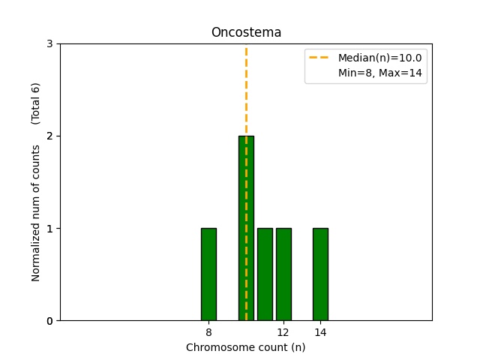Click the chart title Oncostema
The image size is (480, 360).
coord(246,32)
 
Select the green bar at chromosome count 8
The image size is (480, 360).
coord(208,274)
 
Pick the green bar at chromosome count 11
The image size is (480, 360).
coord(265,274)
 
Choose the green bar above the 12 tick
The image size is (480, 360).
coord(283,274)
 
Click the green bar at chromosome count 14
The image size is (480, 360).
coord(320,274)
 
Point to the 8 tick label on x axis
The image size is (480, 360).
coord(208,332)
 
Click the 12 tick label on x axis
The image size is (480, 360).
coord(283,332)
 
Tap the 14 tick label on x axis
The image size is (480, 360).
coord(320,332)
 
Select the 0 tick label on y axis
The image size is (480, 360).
coord(50,321)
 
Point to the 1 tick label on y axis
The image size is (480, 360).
coord(50,229)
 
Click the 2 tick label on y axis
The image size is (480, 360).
coord(50,136)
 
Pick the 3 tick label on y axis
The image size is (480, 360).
coord(50,44)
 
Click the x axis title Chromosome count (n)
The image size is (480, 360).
coord(246,347)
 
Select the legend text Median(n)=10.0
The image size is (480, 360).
coord(379,58)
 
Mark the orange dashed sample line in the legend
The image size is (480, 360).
coord(320,58)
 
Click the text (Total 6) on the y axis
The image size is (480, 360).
coord(36,104)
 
